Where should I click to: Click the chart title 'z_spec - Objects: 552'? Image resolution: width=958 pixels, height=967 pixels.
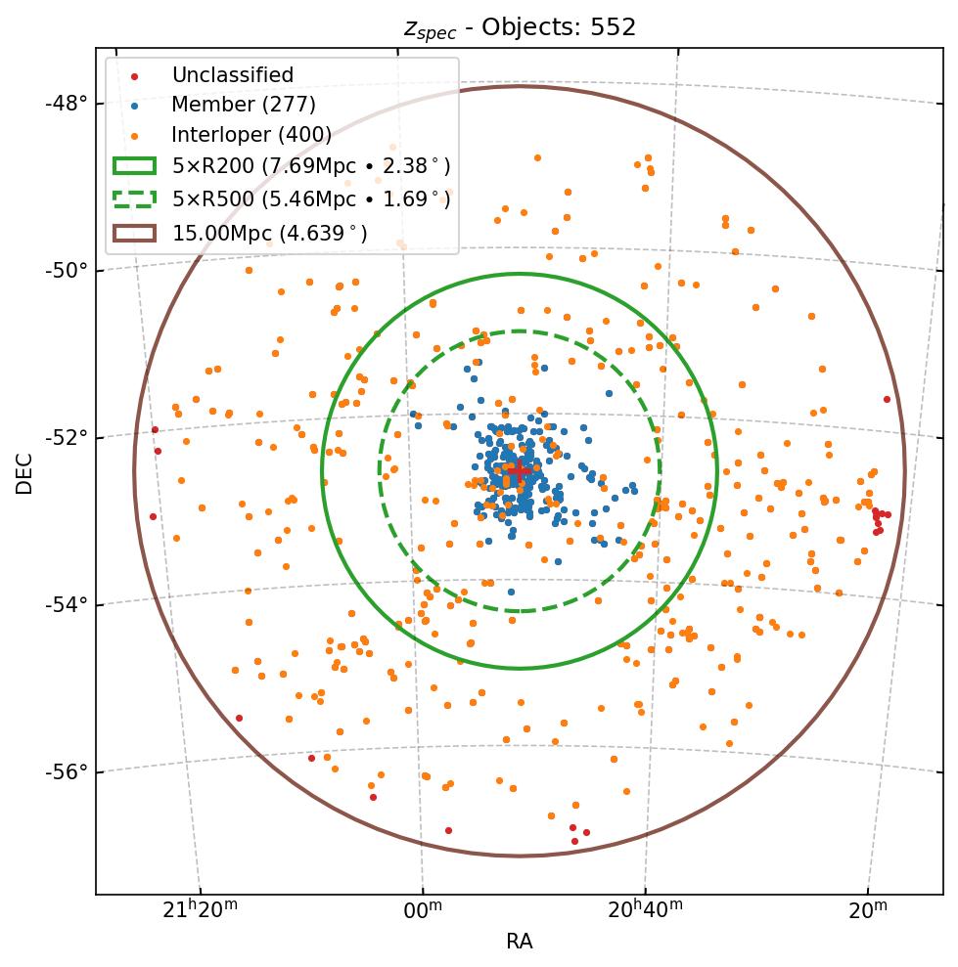click(520, 27)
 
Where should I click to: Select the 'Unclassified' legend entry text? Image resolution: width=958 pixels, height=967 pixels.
click(232, 75)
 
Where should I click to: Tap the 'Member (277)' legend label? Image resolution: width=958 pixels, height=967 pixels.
click(244, 105)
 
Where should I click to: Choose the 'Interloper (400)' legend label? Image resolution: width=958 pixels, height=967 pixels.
click(251, 134)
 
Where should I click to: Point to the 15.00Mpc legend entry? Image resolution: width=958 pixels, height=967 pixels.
click(269, 233)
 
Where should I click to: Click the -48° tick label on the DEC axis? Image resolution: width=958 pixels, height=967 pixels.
click(67, 103)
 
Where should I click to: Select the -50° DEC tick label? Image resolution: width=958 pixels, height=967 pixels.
click(67, 270)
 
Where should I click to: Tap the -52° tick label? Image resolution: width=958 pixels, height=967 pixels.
click(67, 436)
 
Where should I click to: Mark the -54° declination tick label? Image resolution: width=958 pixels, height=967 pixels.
click(67, 604)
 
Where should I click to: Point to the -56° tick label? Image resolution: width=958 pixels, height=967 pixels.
click(67, 771)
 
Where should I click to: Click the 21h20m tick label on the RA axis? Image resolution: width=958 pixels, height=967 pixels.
click(199, 910)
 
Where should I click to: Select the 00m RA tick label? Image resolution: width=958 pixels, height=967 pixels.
click(423, 910)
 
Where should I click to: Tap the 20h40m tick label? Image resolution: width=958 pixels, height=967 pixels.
click(645, 910)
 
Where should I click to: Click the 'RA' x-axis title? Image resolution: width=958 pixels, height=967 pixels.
click(519, 942)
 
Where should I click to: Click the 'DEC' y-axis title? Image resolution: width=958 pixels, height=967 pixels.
click(24, 472)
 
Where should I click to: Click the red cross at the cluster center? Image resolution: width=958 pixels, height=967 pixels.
click(519, 470)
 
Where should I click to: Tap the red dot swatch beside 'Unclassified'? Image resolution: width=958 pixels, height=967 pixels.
click(134, 75)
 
